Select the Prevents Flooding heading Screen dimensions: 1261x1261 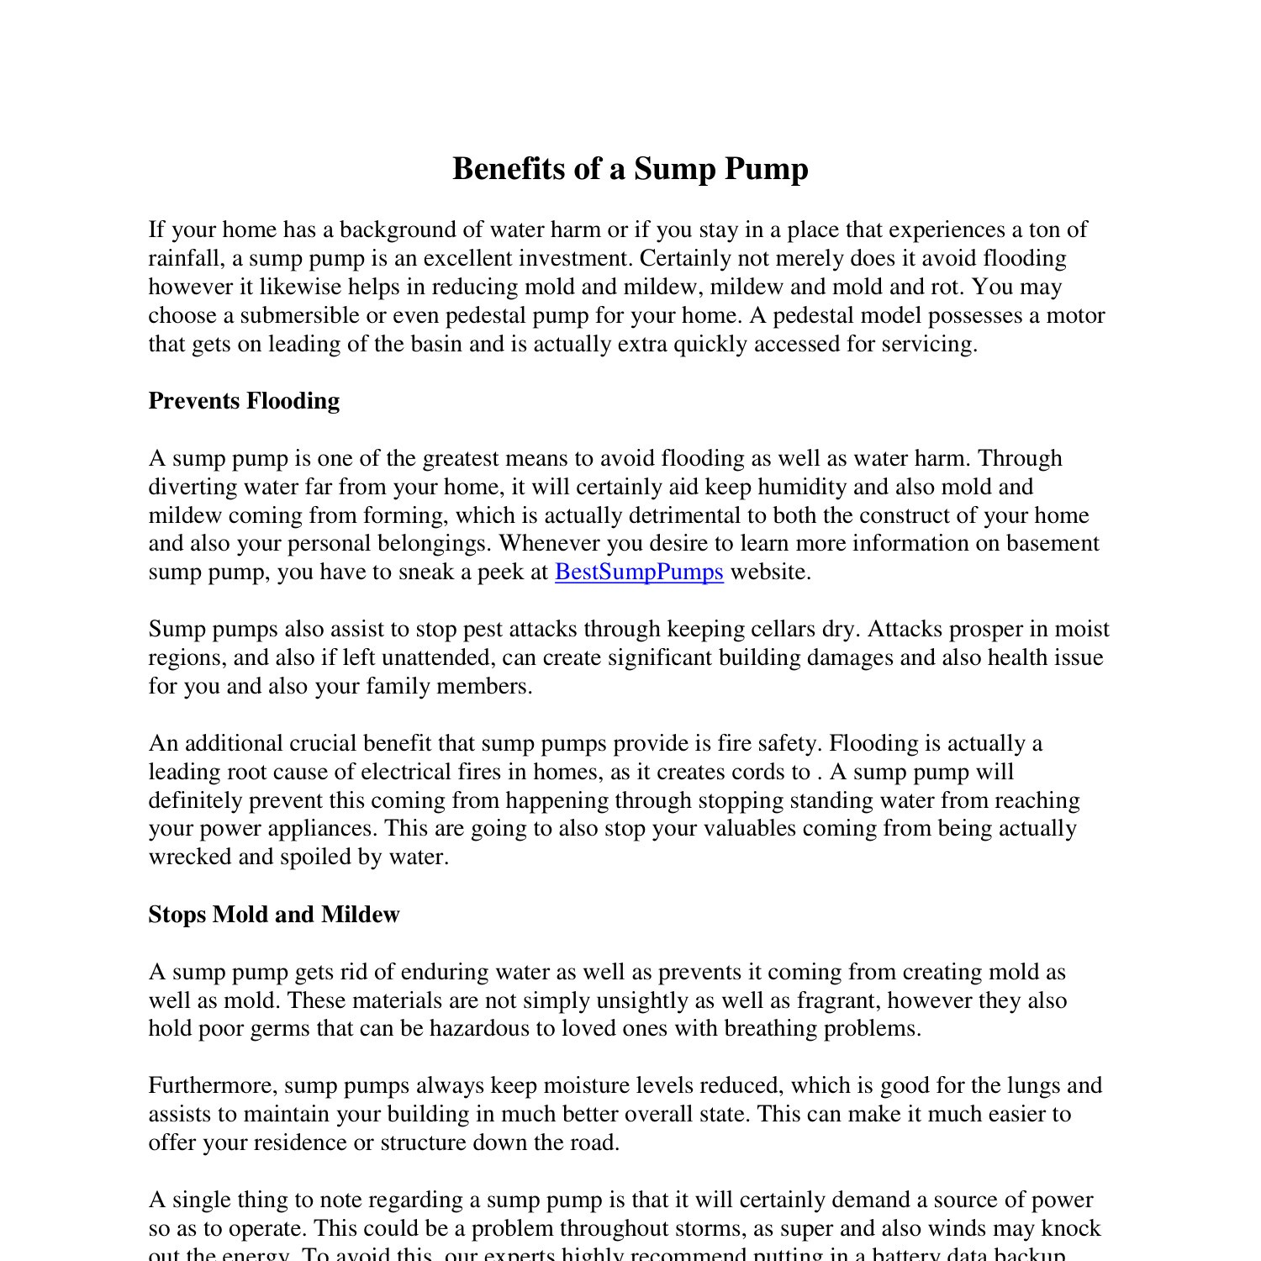pyautogui.click(x=244, y=401)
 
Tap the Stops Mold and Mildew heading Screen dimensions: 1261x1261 pyautogui.click(x=274, y=915)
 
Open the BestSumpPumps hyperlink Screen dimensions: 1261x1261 pyautogui.click(x=639, y=572)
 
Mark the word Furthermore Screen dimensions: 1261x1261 pyautogui.click(x=212, y=1086)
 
